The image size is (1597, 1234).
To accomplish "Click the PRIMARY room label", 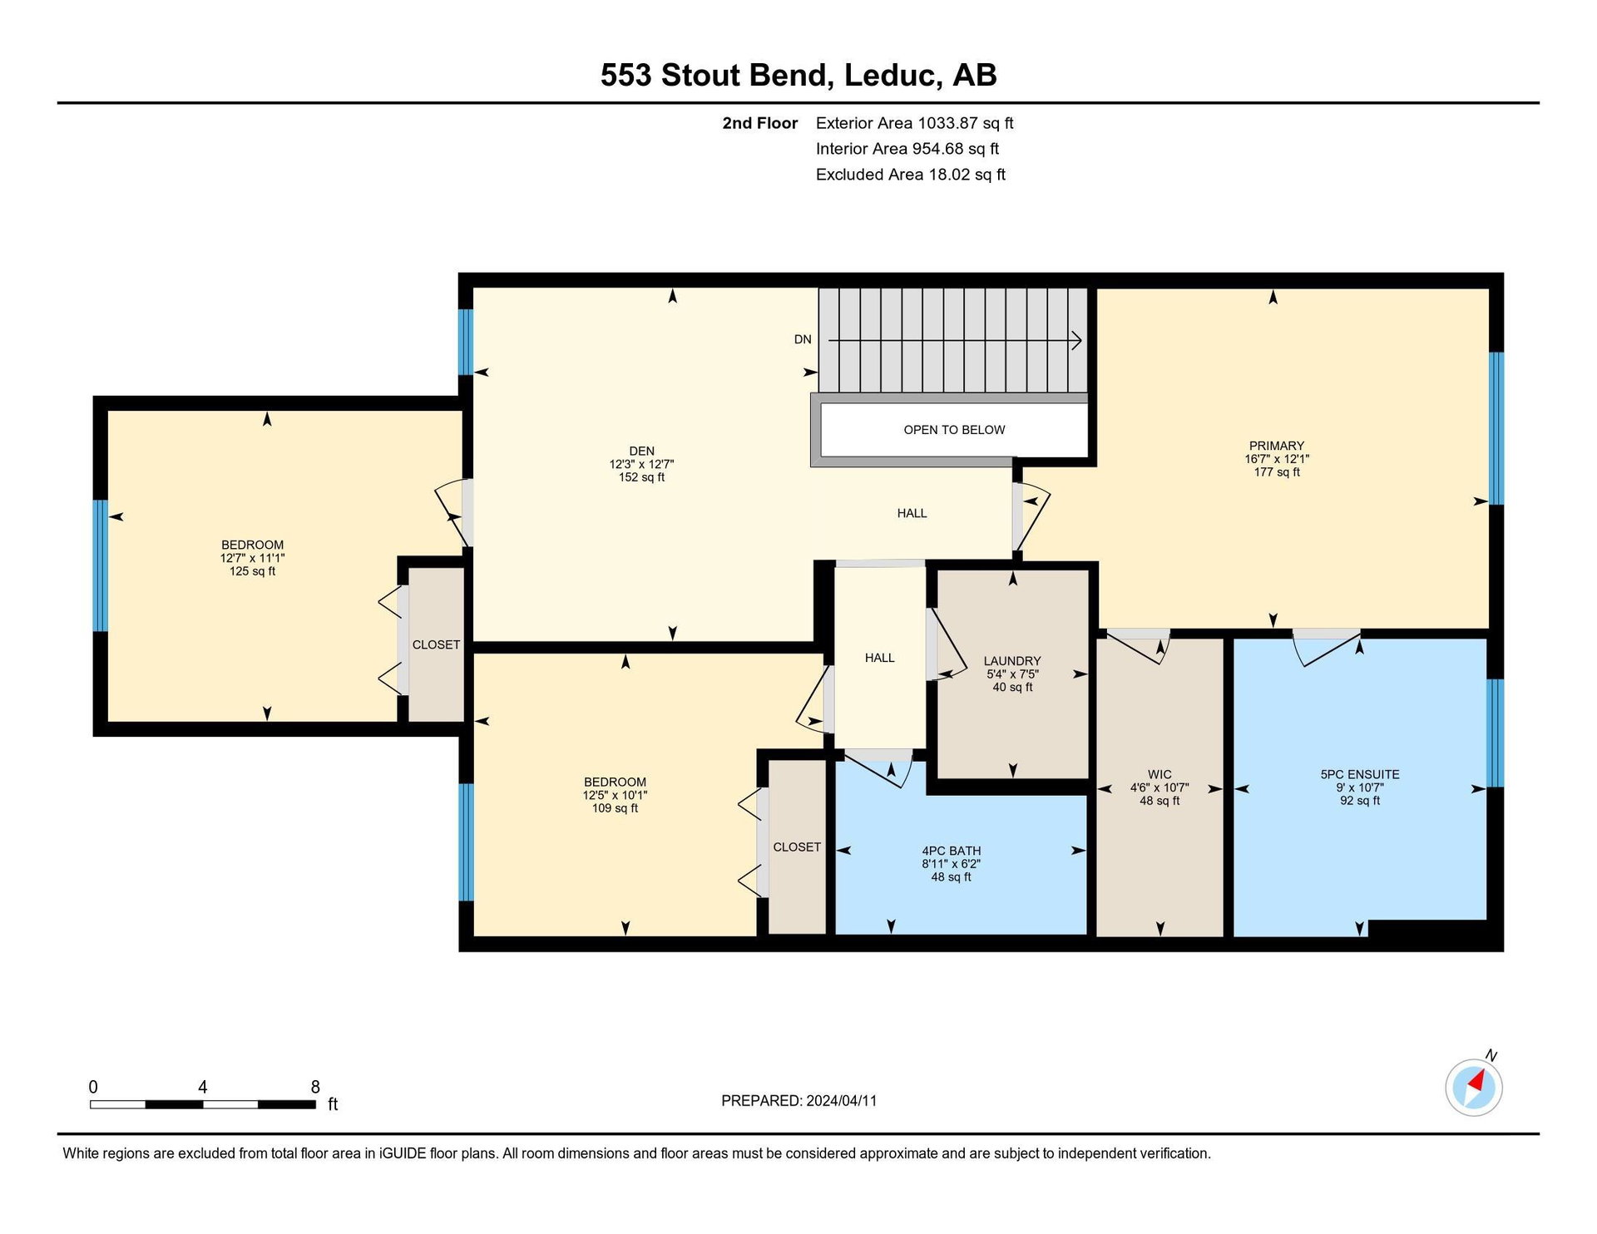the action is (1276, 446).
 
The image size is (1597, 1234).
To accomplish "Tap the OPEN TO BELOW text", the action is (954, 430).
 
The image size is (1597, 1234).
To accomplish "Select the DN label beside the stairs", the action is (803, 339).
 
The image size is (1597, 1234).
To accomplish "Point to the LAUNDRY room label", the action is (1012, 661).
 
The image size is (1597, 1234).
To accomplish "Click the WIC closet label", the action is (1159, 775).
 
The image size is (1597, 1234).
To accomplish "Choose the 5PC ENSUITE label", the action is (1360, 775).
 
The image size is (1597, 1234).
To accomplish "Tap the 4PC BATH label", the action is (951, 851).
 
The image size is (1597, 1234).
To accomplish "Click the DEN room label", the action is (641, 452).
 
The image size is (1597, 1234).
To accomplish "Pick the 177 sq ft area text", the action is (1277, 472).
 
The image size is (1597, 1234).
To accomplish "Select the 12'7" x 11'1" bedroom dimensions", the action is (252, 559).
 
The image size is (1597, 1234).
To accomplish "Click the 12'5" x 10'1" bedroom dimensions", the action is (615, 796).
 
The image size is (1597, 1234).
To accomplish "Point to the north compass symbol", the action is (1474, 1085).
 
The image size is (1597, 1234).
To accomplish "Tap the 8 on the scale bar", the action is (315, 1087).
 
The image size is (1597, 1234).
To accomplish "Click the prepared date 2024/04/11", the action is (841, 1101).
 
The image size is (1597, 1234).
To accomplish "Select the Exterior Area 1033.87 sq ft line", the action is (914, 123).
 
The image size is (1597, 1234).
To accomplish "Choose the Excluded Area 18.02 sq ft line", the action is (911, 175).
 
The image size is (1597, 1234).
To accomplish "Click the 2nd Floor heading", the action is (759, 123).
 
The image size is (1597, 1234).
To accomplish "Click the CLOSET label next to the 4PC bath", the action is (797, 847).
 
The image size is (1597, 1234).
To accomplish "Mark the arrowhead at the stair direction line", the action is (1076, 340).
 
